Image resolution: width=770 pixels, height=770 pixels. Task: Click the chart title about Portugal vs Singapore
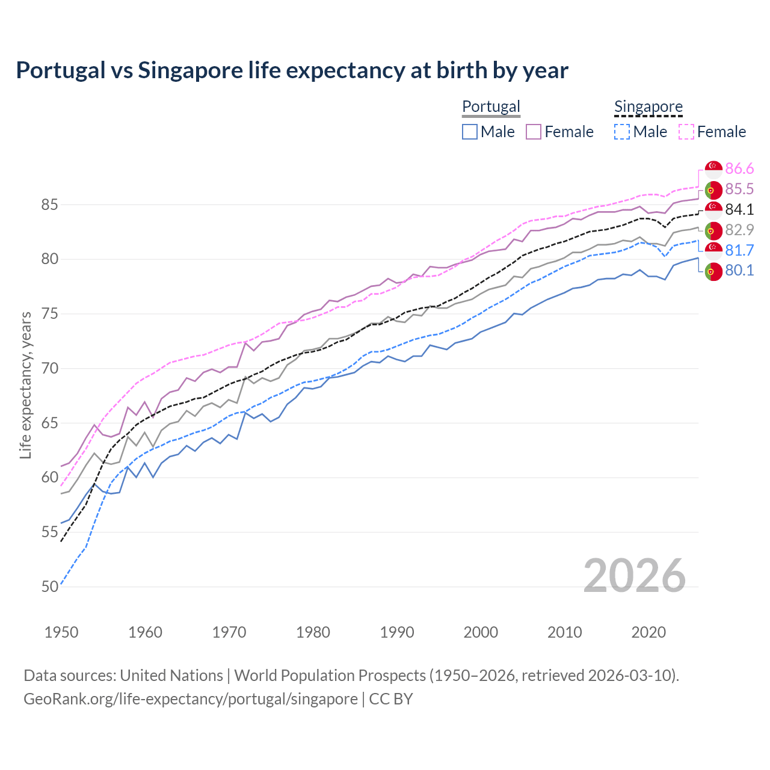point(292,70)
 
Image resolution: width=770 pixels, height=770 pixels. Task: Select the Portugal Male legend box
point(470,132)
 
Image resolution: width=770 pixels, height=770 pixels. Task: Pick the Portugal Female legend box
point(534,132)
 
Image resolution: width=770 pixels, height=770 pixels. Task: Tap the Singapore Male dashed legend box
point(622,132)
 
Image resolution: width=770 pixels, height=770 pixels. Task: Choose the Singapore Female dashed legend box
point(686,132)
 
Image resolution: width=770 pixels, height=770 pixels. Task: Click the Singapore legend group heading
point(648,106)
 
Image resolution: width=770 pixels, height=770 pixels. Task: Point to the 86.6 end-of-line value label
point(739,169)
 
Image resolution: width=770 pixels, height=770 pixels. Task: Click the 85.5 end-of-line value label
point(739,189)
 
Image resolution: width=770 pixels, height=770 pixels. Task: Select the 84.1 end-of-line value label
point(739,210)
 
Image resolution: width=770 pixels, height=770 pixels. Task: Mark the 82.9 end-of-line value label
point(739,230)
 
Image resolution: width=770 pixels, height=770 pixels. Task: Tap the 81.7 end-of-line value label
point(739,250)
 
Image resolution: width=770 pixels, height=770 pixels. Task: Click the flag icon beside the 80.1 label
point(713,271)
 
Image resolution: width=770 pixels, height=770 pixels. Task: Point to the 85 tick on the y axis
point(49,205)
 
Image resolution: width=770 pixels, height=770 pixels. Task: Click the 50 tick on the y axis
point(49,587)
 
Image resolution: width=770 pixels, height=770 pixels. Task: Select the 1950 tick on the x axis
point(61,632)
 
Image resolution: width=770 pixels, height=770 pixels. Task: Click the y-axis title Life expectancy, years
point(26,385)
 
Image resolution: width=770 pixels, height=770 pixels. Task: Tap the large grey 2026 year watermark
point(635,576)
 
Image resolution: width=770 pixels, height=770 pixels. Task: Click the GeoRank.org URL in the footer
point(191,699)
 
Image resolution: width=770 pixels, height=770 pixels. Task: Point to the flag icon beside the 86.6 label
point(713,169)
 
